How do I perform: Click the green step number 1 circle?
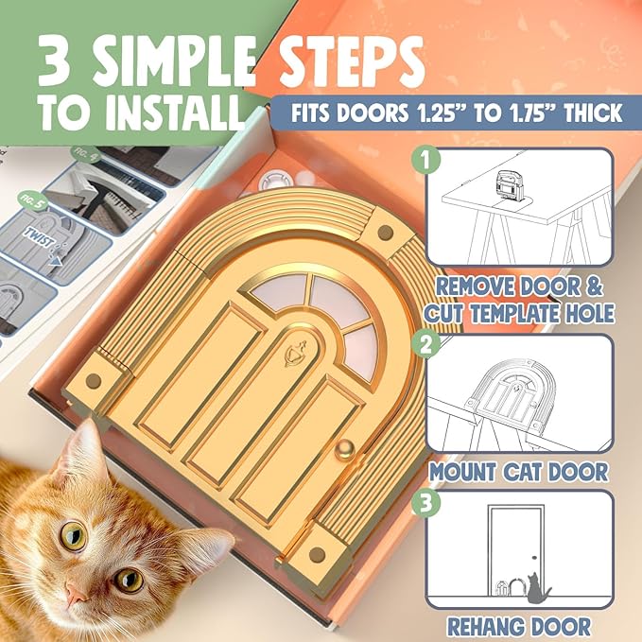pos(430,160)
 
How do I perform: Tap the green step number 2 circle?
pos(430,344)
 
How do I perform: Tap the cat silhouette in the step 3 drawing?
pos(539,588)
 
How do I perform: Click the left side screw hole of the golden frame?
pos(93,381)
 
